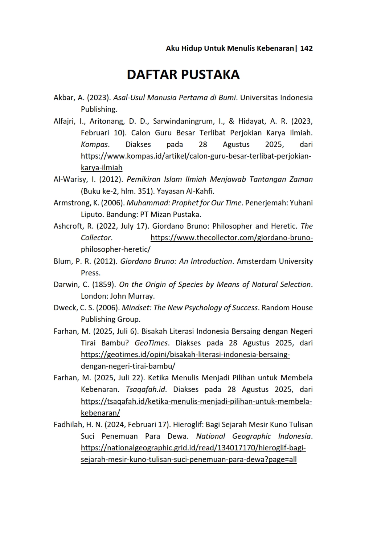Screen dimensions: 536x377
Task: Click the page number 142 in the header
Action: (x=306, y=48)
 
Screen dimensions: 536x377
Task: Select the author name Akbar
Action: (x=63, y=98)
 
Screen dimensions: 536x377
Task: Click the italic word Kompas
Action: (x=94, y=144)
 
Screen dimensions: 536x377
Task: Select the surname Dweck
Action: (x=65, y=308)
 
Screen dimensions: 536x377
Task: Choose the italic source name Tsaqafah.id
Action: (x=146, y=389)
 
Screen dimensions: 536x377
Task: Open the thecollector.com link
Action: (x=231, y=238)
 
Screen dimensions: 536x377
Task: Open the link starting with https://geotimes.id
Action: (x=185, y=355)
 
